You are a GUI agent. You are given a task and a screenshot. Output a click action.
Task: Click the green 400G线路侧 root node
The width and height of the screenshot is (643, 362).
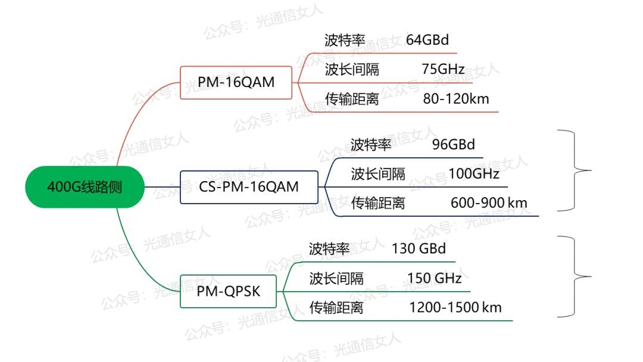point(85,187)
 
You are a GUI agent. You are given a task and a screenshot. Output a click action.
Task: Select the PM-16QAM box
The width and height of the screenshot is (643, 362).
point(236,82)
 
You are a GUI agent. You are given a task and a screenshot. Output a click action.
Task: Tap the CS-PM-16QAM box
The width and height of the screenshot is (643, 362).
point(249,187)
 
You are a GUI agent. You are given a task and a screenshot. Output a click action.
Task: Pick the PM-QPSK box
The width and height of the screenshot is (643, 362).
point(228,291)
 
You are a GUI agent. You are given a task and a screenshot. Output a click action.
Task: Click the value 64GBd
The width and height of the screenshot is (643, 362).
point(427,40)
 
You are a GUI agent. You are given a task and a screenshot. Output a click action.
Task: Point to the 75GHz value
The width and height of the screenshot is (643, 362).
point(443,69)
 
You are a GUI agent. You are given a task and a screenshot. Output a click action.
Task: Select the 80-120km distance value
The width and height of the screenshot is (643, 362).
point(456,99)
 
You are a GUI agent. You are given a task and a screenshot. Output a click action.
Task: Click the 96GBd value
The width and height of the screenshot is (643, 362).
point(454,144)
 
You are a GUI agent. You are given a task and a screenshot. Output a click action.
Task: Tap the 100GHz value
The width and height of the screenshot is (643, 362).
point(474,174)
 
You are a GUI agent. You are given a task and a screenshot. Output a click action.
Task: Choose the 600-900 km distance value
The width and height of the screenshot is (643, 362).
point(489,202)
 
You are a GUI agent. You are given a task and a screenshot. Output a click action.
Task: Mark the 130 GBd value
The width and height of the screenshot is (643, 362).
point(419,248)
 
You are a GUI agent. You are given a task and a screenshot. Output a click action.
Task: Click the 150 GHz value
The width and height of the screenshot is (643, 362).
point(434,279)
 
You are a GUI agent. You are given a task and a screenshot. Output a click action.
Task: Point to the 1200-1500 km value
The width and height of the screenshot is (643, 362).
point(455,307)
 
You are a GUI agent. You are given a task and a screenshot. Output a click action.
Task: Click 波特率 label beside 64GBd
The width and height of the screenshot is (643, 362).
point(345,40)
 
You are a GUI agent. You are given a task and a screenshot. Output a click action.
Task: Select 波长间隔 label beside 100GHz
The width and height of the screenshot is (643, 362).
point(378,174)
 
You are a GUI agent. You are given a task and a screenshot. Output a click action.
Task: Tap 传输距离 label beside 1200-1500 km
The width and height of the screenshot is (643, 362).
point(336,307)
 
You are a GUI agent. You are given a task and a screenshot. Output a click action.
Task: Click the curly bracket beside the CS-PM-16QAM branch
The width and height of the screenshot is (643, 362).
point(574,170)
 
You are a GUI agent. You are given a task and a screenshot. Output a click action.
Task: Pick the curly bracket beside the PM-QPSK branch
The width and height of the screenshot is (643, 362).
point(574,277)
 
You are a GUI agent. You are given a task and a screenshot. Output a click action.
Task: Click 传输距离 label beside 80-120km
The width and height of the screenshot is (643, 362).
point(352,99)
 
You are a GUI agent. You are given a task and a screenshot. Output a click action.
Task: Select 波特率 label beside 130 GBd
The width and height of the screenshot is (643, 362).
point(329,249)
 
